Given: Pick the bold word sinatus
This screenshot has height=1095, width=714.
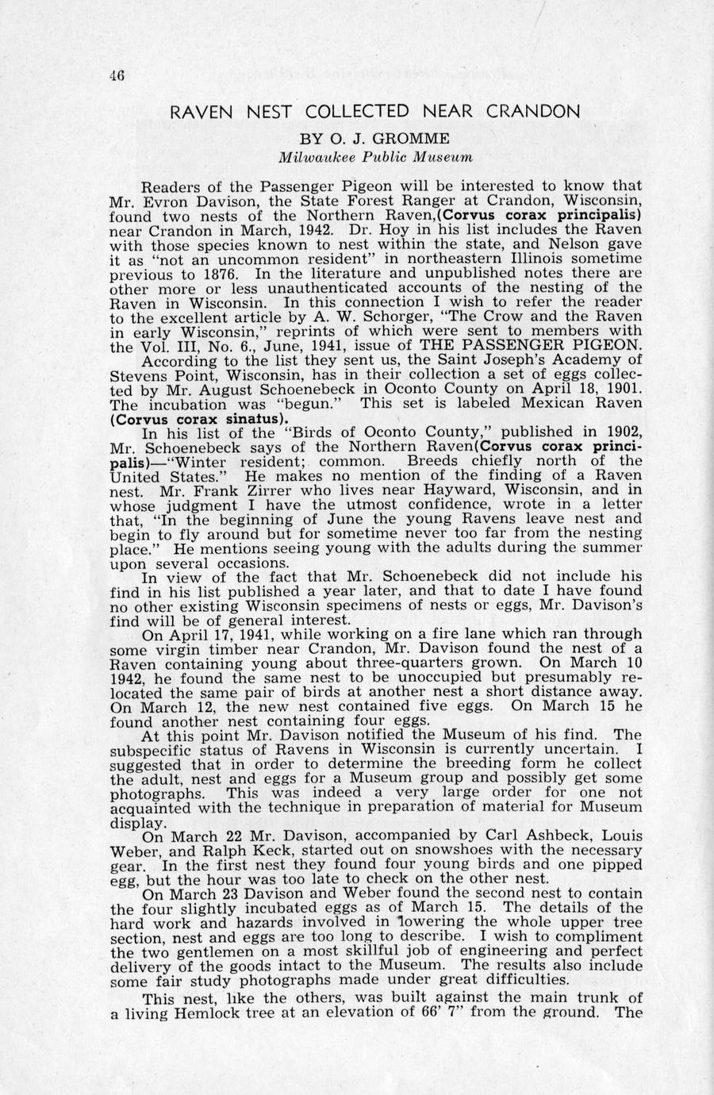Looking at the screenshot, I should coord(251,417).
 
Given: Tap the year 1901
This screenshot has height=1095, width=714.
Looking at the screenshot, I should coord(616,389).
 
